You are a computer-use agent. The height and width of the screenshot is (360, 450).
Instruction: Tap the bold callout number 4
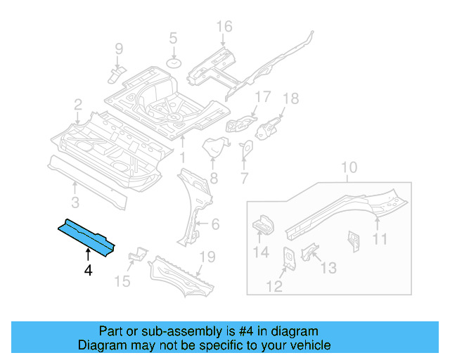coord(88,269)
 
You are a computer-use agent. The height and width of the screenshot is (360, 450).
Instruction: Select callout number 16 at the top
coord(224,27)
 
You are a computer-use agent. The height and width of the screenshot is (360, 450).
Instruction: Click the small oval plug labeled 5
coord(174,63)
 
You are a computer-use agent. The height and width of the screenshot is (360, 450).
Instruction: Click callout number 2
coord(77,105)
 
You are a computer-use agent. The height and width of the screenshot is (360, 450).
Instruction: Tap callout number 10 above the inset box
coord(349,167)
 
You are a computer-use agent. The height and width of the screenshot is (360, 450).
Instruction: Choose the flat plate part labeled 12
coord(289,257)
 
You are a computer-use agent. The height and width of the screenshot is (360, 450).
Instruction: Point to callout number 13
coord(328,268)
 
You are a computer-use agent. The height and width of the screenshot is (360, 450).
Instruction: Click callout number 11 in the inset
coord(380,240)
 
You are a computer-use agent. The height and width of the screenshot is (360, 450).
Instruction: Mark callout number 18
coord(290,98)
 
